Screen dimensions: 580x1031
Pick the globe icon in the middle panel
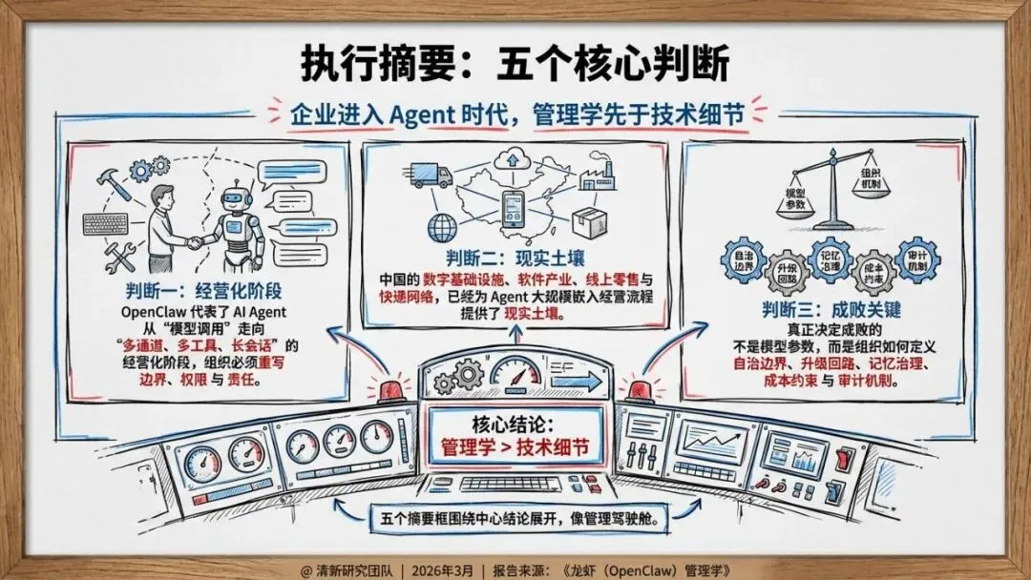click(x=443, y=229)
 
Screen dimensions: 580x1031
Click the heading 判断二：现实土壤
click(x=515, y=259)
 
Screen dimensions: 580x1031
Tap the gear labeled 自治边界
click(x=743, y=259)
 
